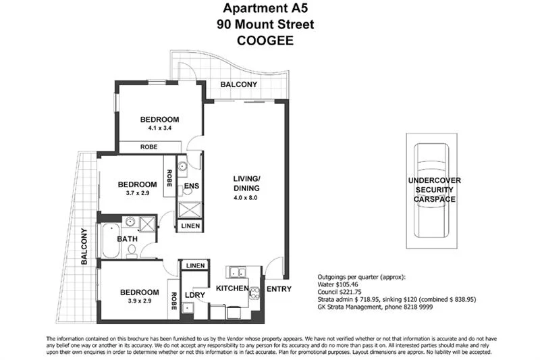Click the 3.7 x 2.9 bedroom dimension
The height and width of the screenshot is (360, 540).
pyautogui.click(x=137, y=193)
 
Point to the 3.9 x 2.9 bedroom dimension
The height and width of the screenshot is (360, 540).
pyautogui.click(x=139, y=301)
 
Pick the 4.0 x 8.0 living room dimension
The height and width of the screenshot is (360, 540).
pyautogui.click(x=245, y=198)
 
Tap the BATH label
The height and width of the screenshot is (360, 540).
pyautogui.click(x=128, y=238)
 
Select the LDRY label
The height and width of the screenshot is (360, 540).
pyautogui.click(x=194, y=295)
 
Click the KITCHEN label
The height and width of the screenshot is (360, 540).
pyautogui.click(x=232, y=288)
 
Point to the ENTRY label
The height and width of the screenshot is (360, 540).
pyautogui.click(x=278, y=289)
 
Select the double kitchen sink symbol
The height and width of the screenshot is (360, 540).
pyautogui.click(x=237, y=273)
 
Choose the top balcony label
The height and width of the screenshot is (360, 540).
pyautogui.click(x=239, y=84)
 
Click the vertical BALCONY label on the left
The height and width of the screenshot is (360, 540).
pyautogui.click(x=84, y=247)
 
